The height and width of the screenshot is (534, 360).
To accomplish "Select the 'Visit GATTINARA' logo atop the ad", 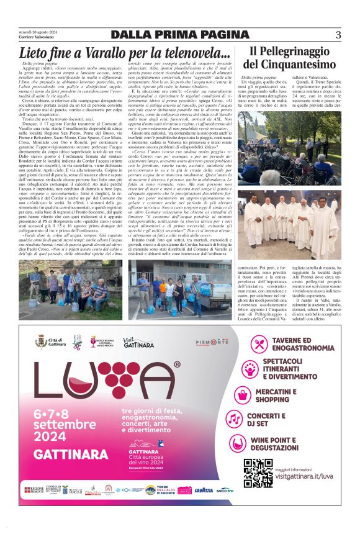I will click(x=138, y=342).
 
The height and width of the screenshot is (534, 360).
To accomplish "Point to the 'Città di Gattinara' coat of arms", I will click(x=41, y=342).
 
